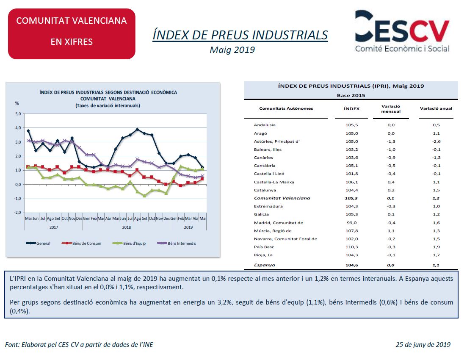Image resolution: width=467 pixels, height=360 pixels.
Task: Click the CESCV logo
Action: click(402, 31)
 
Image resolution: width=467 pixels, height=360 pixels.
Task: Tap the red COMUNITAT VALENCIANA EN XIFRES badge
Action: click(72, 34)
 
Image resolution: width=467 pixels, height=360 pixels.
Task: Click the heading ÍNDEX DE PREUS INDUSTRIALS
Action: click(240, 35)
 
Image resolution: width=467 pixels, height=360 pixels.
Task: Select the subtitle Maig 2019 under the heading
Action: click(232, 50)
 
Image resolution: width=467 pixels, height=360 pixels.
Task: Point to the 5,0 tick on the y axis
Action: click(18, 114)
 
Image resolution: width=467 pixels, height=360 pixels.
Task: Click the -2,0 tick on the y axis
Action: click(18, 213)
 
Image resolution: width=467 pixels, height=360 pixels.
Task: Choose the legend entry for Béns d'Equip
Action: click(129, 243)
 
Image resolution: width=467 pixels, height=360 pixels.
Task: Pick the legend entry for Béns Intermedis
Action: click(177, 243)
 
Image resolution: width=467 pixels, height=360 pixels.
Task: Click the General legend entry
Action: click(38, 243)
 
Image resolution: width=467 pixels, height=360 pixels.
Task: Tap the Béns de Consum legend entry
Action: click(81, 243)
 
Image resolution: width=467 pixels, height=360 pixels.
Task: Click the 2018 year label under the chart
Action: click(127, 227)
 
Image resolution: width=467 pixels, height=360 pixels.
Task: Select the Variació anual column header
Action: click(436, 108)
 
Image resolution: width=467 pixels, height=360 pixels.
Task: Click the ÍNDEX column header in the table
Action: click(351, 108)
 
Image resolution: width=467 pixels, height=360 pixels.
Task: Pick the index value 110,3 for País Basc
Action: click(352, 247)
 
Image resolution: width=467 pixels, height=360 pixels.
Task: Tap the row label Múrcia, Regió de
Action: click(273, 231)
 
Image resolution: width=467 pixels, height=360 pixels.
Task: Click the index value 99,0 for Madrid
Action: click(352, 223)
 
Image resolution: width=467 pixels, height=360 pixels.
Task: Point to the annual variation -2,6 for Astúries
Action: click(437, 141)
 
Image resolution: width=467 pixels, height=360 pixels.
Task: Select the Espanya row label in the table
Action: click(265, 265)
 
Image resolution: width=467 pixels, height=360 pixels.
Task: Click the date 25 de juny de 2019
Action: click(423, 344)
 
